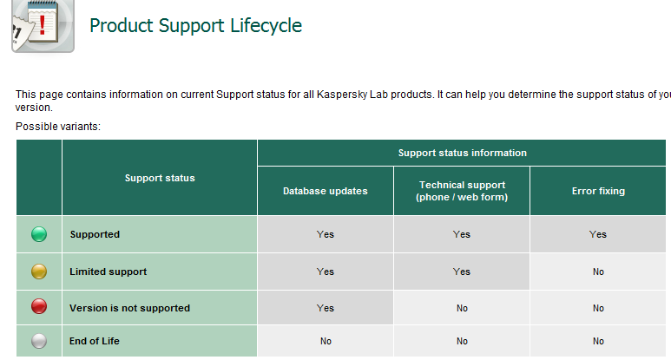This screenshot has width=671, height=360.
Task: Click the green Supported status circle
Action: (39, 234)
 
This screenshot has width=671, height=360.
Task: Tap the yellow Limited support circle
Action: (39, 272)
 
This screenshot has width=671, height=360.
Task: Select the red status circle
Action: (39, 306)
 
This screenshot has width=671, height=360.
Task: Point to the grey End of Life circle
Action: (39, 341)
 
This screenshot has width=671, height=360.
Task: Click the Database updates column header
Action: (326, 191)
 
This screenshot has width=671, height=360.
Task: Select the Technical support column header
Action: (462, 191)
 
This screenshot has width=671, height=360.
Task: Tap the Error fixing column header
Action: (598, 191)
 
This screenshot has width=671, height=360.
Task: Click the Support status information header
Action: (462, 153)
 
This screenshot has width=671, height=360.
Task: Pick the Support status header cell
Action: (160, 178)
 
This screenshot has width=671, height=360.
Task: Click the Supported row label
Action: (95, 234)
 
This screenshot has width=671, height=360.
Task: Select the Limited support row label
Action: (109, 272)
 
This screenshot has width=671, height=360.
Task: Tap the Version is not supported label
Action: (129, 308)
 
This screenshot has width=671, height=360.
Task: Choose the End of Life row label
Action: (95, 341)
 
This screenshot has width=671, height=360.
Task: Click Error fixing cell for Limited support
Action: (598, 272)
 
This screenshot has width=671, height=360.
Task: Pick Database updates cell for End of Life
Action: (326, 341)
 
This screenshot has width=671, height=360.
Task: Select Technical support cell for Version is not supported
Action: (462, 308)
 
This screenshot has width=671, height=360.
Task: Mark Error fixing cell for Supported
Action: (598, 234)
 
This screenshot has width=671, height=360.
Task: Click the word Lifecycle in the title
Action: (266, 26)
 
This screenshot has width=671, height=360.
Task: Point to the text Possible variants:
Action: (58, 127)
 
